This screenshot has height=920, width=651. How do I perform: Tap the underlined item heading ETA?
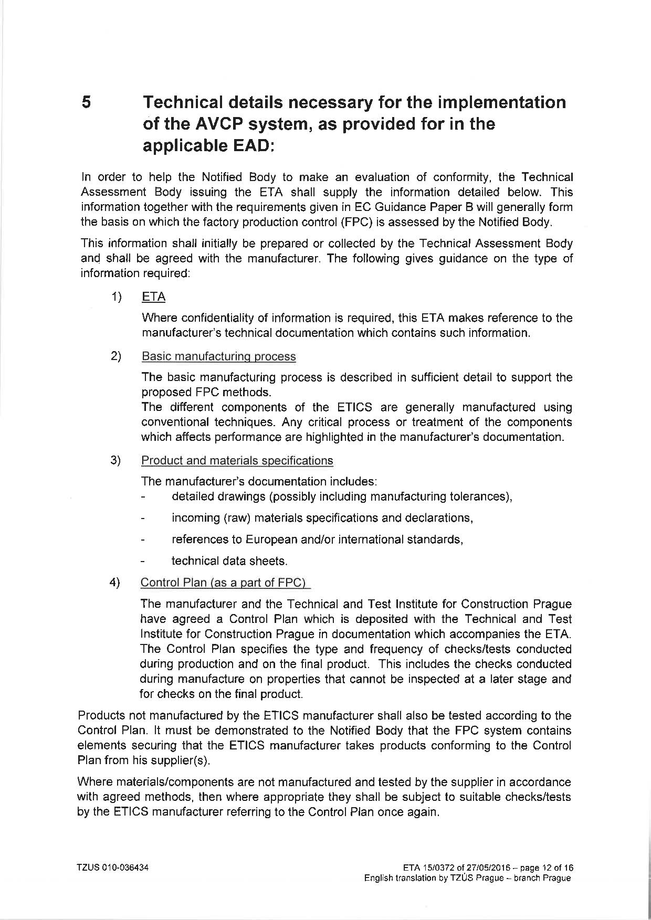pyautogui.click(x=153, y=297)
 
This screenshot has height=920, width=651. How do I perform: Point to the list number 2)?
pyautogui.click(x=116, y=356)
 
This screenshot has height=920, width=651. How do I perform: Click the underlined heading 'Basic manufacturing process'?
pyautogui.click(x=218, y=357)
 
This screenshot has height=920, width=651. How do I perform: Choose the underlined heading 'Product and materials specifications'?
pyautogui.click(x=237, y=461)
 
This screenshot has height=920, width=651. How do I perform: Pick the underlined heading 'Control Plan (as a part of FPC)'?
pyautogui.click(x=225, y=583)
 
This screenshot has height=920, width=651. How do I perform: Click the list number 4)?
pyautogui.click(x=115, y=583)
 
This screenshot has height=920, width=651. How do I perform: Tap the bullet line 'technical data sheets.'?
pyautogui.click(x=229, y=561)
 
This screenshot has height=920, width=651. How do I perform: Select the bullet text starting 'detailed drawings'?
pyautogui.click(x=342, y=496)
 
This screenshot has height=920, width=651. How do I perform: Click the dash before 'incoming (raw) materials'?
pyautogui.click(x=143, y=519)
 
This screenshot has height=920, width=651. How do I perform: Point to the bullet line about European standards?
pyautogui.click(x=317, y=540)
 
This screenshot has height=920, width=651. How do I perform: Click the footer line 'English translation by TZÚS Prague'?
pyautogui.click(x=467, y=878)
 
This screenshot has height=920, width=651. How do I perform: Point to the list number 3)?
pyautogui.click(x=115, y=461)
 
